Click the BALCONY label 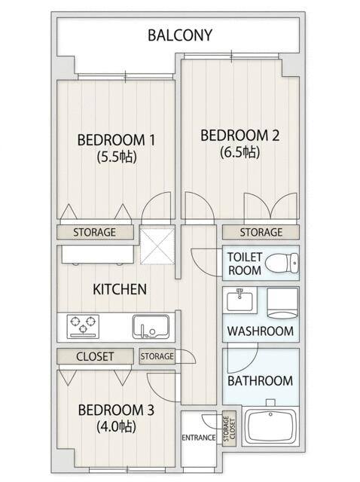[x=180, y=35]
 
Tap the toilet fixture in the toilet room [x=282, y=264]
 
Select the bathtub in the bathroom [x=270, y=426]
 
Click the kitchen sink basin [x=151, y=327]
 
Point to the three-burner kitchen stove [x=83, y=327]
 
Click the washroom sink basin [x=239, y=300]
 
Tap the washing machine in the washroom [x=283, y=303]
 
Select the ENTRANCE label [x=198, y=438]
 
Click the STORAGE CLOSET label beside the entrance [x=229, y=429]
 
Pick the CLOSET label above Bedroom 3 [x=95, y=356]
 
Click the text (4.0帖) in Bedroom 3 [x=116, y=426]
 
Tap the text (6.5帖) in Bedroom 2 [x=239, y=152]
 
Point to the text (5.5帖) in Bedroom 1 [x=117, y=157]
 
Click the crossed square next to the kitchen [x=157, y=246]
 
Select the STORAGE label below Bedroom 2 [x=261, y=232]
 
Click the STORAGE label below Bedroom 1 [x=94, y=232]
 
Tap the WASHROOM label [x=261, y=331]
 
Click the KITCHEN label [x=120, y=289]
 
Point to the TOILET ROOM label [x=245, y=264]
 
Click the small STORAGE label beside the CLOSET [x=157, y=356]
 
